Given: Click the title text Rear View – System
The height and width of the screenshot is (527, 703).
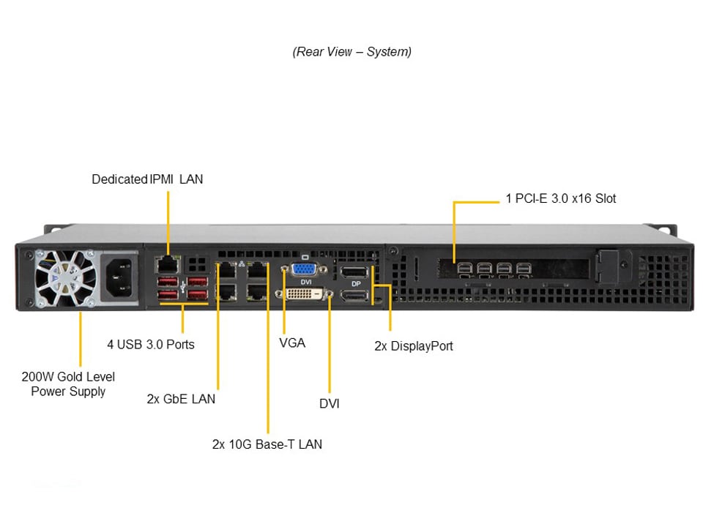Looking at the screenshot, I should point(351,52).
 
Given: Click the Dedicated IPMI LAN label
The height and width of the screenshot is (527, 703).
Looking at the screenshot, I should point(147,179).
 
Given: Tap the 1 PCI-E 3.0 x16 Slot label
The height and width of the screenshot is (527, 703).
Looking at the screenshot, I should point(560,198).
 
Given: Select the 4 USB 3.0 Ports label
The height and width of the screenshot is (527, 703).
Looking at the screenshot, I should point(150,343).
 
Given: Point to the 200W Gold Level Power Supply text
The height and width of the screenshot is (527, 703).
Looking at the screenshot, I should point(68,384).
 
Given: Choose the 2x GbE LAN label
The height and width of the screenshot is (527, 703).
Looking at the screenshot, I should point(181,399).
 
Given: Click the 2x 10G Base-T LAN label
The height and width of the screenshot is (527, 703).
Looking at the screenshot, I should point(267,444).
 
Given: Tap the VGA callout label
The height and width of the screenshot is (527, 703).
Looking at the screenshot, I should point(291,343).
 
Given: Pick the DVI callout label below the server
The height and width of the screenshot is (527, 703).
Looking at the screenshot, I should point(329,403).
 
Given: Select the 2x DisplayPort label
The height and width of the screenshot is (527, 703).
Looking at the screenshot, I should point(413,345).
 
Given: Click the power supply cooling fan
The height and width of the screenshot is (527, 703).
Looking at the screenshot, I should point(64,279).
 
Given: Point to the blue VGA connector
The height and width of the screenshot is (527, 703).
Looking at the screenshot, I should point(305,269).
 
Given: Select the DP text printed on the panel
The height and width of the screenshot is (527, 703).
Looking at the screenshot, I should point(355,283).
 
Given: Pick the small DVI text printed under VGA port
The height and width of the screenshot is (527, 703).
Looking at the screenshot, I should point(306,282).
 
